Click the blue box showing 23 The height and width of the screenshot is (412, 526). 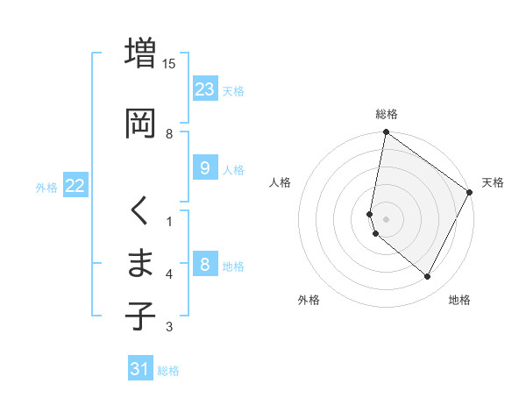click(x=205, y=89)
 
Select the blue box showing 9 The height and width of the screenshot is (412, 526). click(x=204, y=168)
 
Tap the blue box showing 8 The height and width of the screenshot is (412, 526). click(x=204, y=265)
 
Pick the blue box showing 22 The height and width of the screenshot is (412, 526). click(x=75, y=186)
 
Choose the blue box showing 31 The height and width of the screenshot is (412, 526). click(x=140, y=369)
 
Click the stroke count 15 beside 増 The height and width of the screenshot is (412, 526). click(x=169, y=64)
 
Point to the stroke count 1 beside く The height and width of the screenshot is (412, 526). click(x=169, y=221)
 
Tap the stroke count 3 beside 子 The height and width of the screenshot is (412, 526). click(x=169, y=327)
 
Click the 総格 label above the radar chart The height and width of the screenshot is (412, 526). click(x=387, y=114)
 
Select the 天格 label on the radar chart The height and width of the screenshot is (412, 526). click(x=493, y=182)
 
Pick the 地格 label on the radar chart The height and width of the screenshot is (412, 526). click(x=459, y=300)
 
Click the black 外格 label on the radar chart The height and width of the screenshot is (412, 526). click(x=309, y=300)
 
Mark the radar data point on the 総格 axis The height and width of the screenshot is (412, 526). click(x=386, y=133)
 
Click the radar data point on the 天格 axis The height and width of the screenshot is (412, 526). click(x=471, y=193)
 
